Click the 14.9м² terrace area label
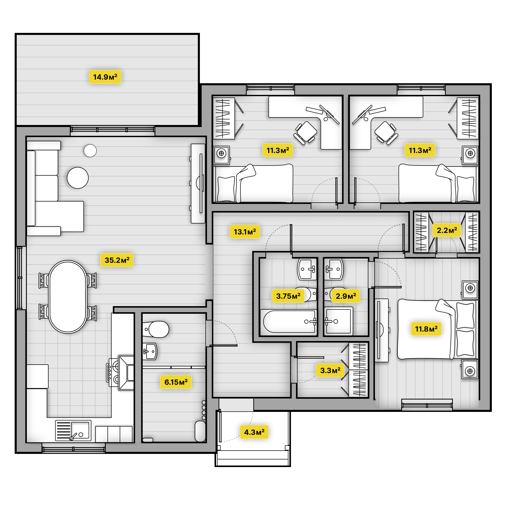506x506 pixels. [x=105, y=77]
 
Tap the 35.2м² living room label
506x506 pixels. [x=117, y=260]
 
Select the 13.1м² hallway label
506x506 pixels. [x=245, y=232]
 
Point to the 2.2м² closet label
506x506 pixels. [x=447, y=230]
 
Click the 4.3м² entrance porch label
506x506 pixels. [x=254, y=432]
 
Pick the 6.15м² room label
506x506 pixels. [x=176, y=382]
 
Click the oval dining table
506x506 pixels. [x=68, y=297]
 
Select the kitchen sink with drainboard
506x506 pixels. [x=73, y=430]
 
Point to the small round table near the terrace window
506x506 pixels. [x=90, y=151]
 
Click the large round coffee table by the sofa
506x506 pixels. [x=78, y=178]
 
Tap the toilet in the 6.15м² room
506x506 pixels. [x=156, y=329]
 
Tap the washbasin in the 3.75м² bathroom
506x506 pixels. [x=307, y=269]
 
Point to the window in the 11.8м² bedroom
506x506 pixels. [x=427, y=405]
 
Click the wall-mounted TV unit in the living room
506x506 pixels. [x=198, y=183]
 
